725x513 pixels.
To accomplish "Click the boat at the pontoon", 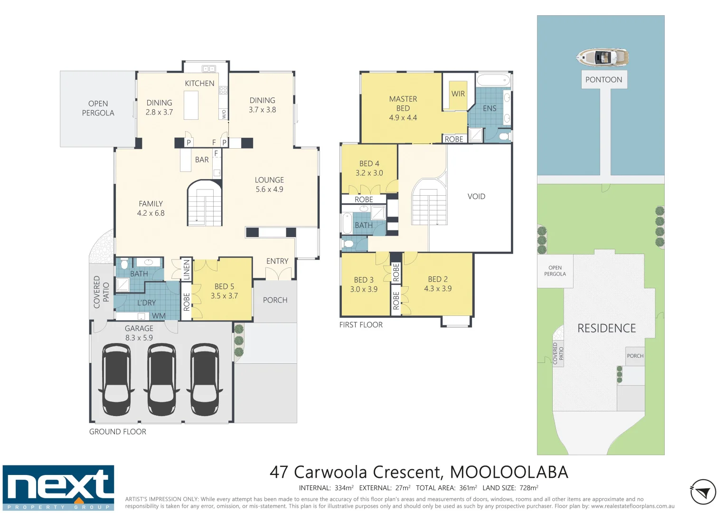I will [603, 58].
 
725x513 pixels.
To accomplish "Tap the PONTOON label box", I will [603, 79].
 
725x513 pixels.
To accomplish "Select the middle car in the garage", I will [162, 380].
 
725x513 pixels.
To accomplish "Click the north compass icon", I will [703, 492].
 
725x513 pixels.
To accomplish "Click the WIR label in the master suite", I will [458, 94].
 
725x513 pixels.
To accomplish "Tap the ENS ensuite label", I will [490, 108].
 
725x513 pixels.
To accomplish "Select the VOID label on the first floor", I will [476, 196].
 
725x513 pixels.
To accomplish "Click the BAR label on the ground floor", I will [202, 160].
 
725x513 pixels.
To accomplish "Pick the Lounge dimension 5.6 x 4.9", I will [269, 189].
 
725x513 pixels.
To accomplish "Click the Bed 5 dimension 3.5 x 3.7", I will [224, 295].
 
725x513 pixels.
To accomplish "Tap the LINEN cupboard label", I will [187, 269].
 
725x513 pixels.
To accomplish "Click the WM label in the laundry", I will [159, 316].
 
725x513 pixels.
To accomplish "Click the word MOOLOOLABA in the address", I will [508, 472].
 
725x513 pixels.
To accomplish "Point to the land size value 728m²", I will [528, 488].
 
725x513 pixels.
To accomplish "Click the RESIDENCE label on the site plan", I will [606, 328].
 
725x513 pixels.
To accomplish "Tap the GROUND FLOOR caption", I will [118, 431].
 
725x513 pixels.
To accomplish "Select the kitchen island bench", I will [191, 105].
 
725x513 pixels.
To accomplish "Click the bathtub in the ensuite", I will [493, 79].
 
